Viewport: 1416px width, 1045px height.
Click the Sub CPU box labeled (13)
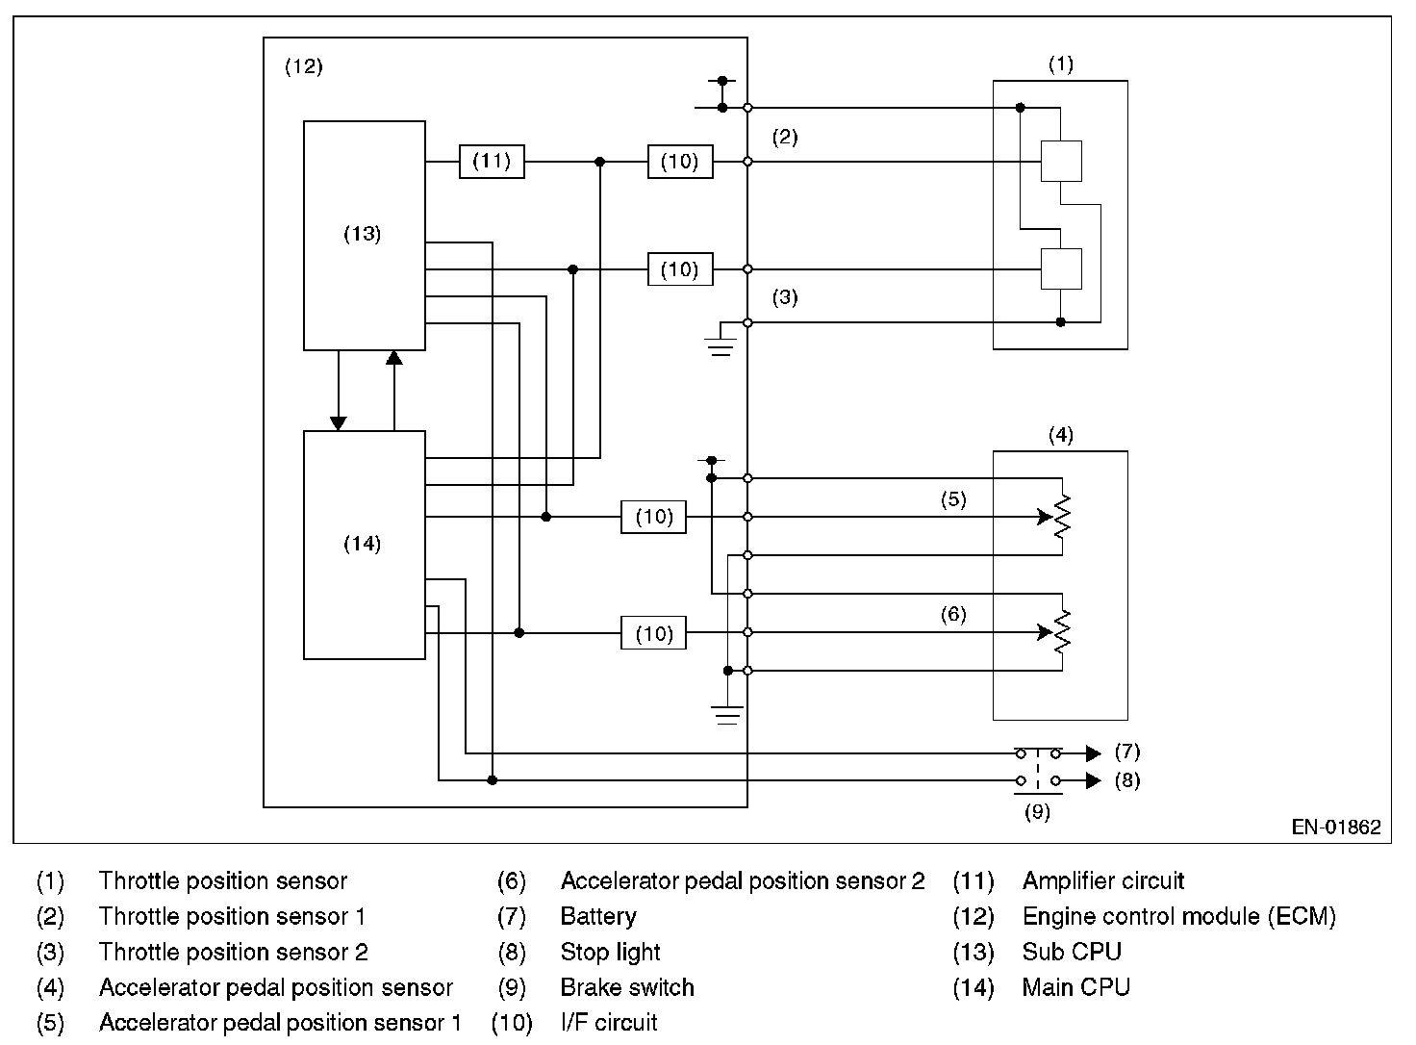pyautogui.click(x=364, y=235)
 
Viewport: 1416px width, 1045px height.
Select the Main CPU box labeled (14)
pyautogui.click(x=364, y=545)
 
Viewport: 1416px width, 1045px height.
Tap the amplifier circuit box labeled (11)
pyautogui.click(x=492, y=162)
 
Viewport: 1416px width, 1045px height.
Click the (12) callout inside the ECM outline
pyautogui.click(x=304, y=67)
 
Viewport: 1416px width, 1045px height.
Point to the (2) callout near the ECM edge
pyautogui.click(x=785, y=138)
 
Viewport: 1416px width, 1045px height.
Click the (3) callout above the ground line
pyautogui.click(x=785, y=297)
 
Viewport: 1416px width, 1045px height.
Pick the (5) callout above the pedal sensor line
pyautogui.click(x=952, y=499)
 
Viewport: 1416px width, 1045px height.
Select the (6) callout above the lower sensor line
pyautogui.click(x=952, y=615)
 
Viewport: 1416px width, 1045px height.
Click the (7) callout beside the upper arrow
pyautogui.click(x=1126, y=752)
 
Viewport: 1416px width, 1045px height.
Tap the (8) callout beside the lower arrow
pyautogui.click(x=1126, y=780)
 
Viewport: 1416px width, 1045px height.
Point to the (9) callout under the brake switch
pyautogui.click(x=1037, y=812)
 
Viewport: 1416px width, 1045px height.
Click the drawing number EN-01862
pyautogui.click(x=1336, y=827)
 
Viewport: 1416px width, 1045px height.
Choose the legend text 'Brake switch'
pyautogui.click(x=627, y=987)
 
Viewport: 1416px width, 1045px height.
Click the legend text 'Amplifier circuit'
pyautogui.click(x=1102, y=880)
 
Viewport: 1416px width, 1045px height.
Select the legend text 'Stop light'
pyautogui.click(x=610, y=952)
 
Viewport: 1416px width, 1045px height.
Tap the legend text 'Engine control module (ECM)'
pyautogui.click(x=1178, y=916)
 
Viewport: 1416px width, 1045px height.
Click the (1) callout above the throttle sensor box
pyautogui.click(x=1060, y=64)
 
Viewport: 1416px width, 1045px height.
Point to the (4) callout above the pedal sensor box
pyautogui.click(x=1060, y=436)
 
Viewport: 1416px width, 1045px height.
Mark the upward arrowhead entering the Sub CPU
pyautogui.click(x=393, y=358)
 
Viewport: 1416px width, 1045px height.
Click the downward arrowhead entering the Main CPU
pyautogui.click(x=338, y=422)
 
